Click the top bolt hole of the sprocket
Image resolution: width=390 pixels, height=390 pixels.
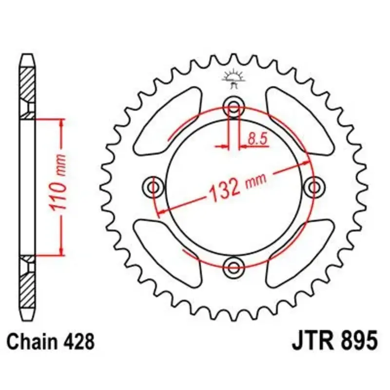234,108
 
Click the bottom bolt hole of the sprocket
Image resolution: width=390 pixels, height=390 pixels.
234,267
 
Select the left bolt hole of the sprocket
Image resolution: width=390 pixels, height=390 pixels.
154,187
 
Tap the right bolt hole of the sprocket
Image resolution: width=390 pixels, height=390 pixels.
314,187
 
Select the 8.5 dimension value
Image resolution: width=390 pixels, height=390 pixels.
257,139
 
